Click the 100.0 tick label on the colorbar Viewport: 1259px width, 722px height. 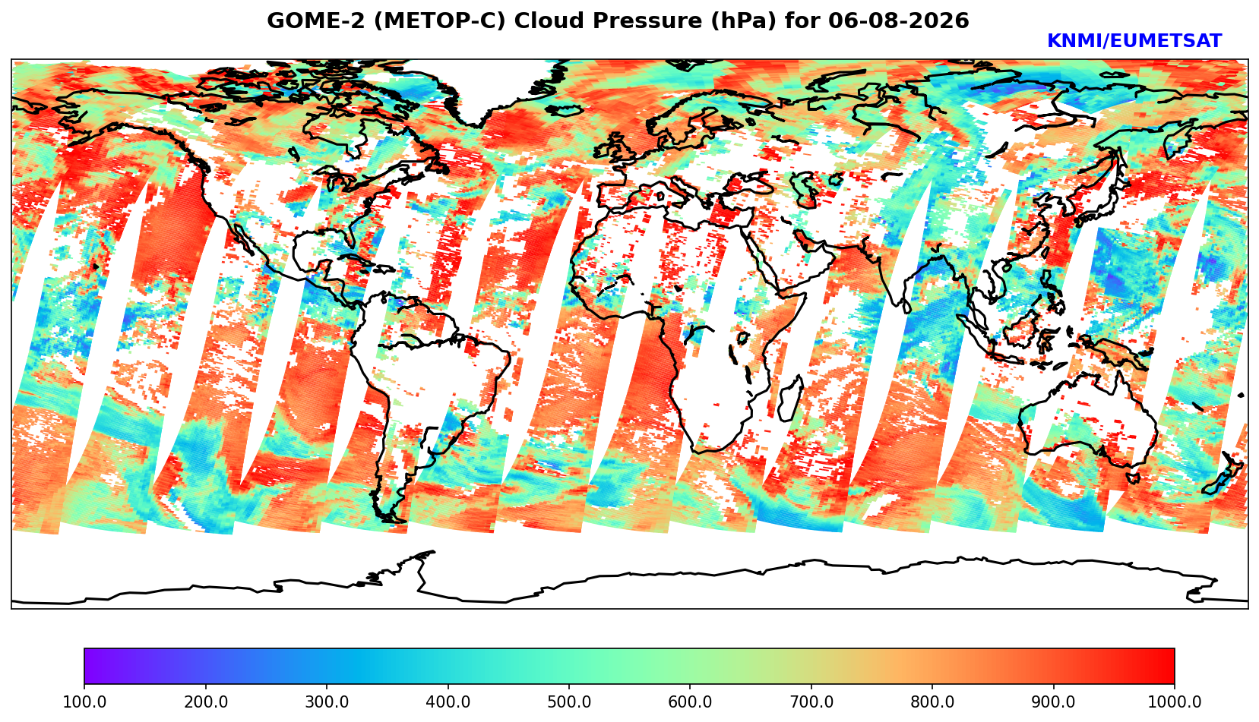coord(84,702)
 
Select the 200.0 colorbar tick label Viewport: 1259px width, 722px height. coord(205,702)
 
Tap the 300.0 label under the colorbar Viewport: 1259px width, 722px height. coord(327,702)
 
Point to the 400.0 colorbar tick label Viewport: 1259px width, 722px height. coord(448,702)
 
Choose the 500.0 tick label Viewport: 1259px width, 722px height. coord(569,702)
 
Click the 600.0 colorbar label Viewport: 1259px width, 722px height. coord(690,702)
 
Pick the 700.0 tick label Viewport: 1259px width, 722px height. coord(811,702)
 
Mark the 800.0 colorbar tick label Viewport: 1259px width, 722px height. coord(932,702)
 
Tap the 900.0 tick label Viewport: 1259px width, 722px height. coord(1053,702)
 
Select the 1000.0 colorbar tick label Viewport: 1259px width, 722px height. coord(1174,702)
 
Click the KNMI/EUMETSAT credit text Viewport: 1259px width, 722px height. coord(1134,41)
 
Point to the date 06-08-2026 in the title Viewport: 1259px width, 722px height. coord(898,20)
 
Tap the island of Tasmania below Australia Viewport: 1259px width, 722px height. coord(1133,478)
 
